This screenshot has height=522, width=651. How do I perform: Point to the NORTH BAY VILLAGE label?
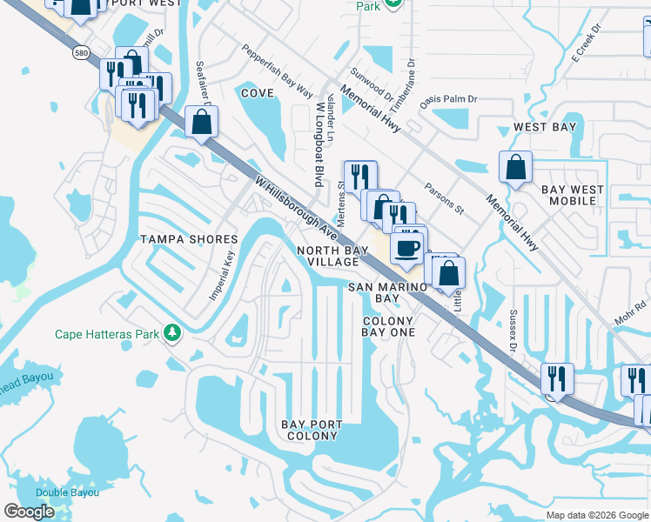pos(327,256)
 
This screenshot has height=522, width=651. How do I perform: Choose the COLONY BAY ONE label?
pos(388,326)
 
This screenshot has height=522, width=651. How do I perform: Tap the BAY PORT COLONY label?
pos(311,430)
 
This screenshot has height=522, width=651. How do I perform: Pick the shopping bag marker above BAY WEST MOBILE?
pos(516,166)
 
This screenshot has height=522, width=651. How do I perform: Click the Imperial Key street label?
pos(222,277)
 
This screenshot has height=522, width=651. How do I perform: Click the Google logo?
pos(29,512)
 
